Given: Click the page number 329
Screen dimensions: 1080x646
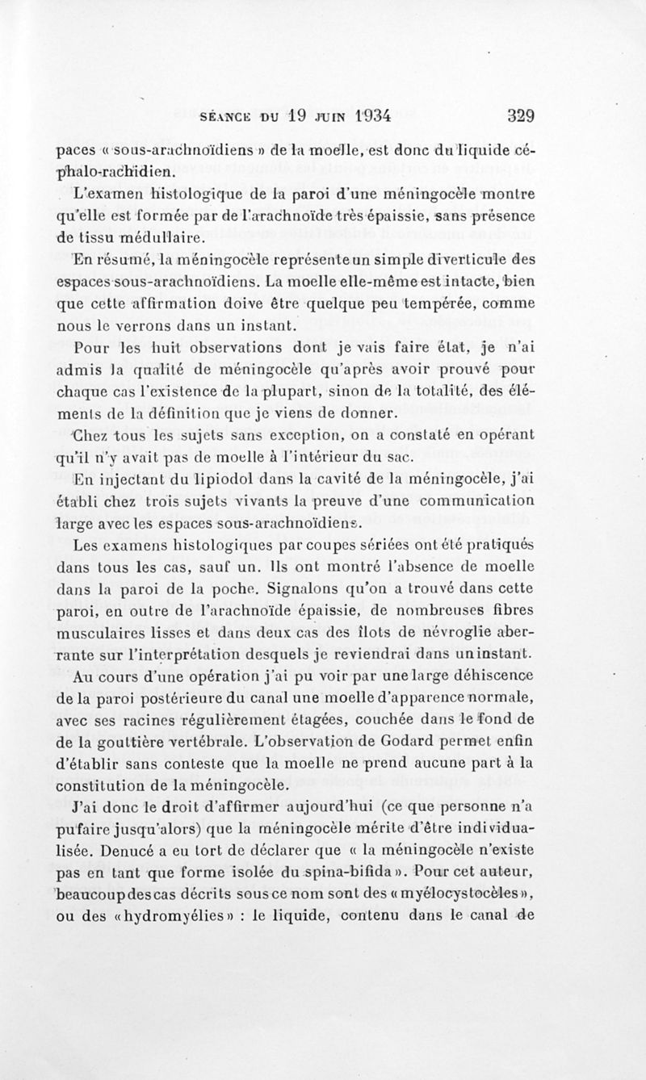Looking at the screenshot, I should click(x=521, y=115).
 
